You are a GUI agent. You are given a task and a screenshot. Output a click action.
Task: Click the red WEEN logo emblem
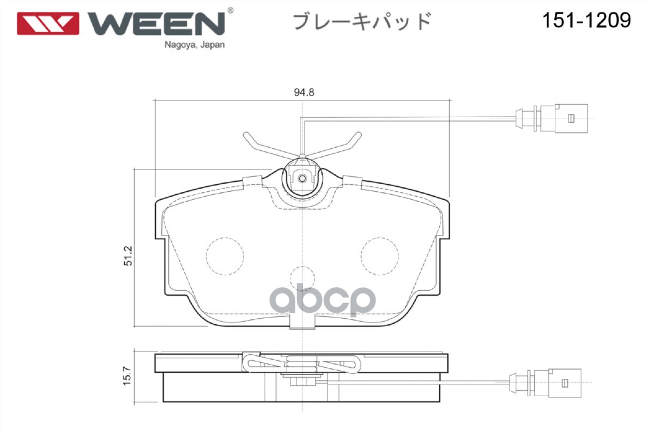point(48,23)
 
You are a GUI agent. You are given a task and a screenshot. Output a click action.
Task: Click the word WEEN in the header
point(157,23)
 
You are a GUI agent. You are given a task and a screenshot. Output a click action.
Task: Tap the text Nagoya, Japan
point(195,45)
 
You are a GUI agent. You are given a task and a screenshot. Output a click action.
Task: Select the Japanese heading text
point(362,21)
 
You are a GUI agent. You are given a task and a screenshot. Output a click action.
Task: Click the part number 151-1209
point(586,21)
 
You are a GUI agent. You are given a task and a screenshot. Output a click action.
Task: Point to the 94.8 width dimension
point(304,92)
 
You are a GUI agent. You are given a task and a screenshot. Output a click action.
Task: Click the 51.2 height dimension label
point(128,256)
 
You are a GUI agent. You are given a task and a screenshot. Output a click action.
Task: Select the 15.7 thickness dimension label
point(127,376)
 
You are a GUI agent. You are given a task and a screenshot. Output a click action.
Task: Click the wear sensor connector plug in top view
point(552,118)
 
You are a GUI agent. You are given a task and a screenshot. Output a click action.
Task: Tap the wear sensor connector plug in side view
point(545,383)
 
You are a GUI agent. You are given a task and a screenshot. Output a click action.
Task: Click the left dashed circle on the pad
point(225,256)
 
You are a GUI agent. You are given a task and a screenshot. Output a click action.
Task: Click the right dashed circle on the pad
point(379,256)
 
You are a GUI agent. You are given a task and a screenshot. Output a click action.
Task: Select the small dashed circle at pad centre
point(302,278)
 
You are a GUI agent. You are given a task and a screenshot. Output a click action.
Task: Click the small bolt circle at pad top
point(302,178)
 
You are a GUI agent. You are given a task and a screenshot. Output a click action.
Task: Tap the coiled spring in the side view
point(301,365)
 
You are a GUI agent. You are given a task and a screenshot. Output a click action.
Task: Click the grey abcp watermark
point(322,300)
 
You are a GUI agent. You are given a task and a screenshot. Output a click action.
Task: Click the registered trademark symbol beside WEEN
point(230,10)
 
